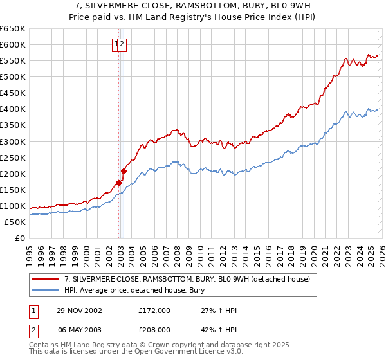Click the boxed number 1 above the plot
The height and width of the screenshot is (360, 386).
coord(116,44)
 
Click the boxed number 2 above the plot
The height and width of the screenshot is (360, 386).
coord(122,44)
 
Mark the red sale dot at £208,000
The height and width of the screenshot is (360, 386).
coord(124,171)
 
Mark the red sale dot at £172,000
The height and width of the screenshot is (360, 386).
coord(119,183)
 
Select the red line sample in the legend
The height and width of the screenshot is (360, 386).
coord(46,279)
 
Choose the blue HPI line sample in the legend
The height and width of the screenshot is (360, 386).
coord(46,290)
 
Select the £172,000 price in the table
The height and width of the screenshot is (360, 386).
coord(154,310)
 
